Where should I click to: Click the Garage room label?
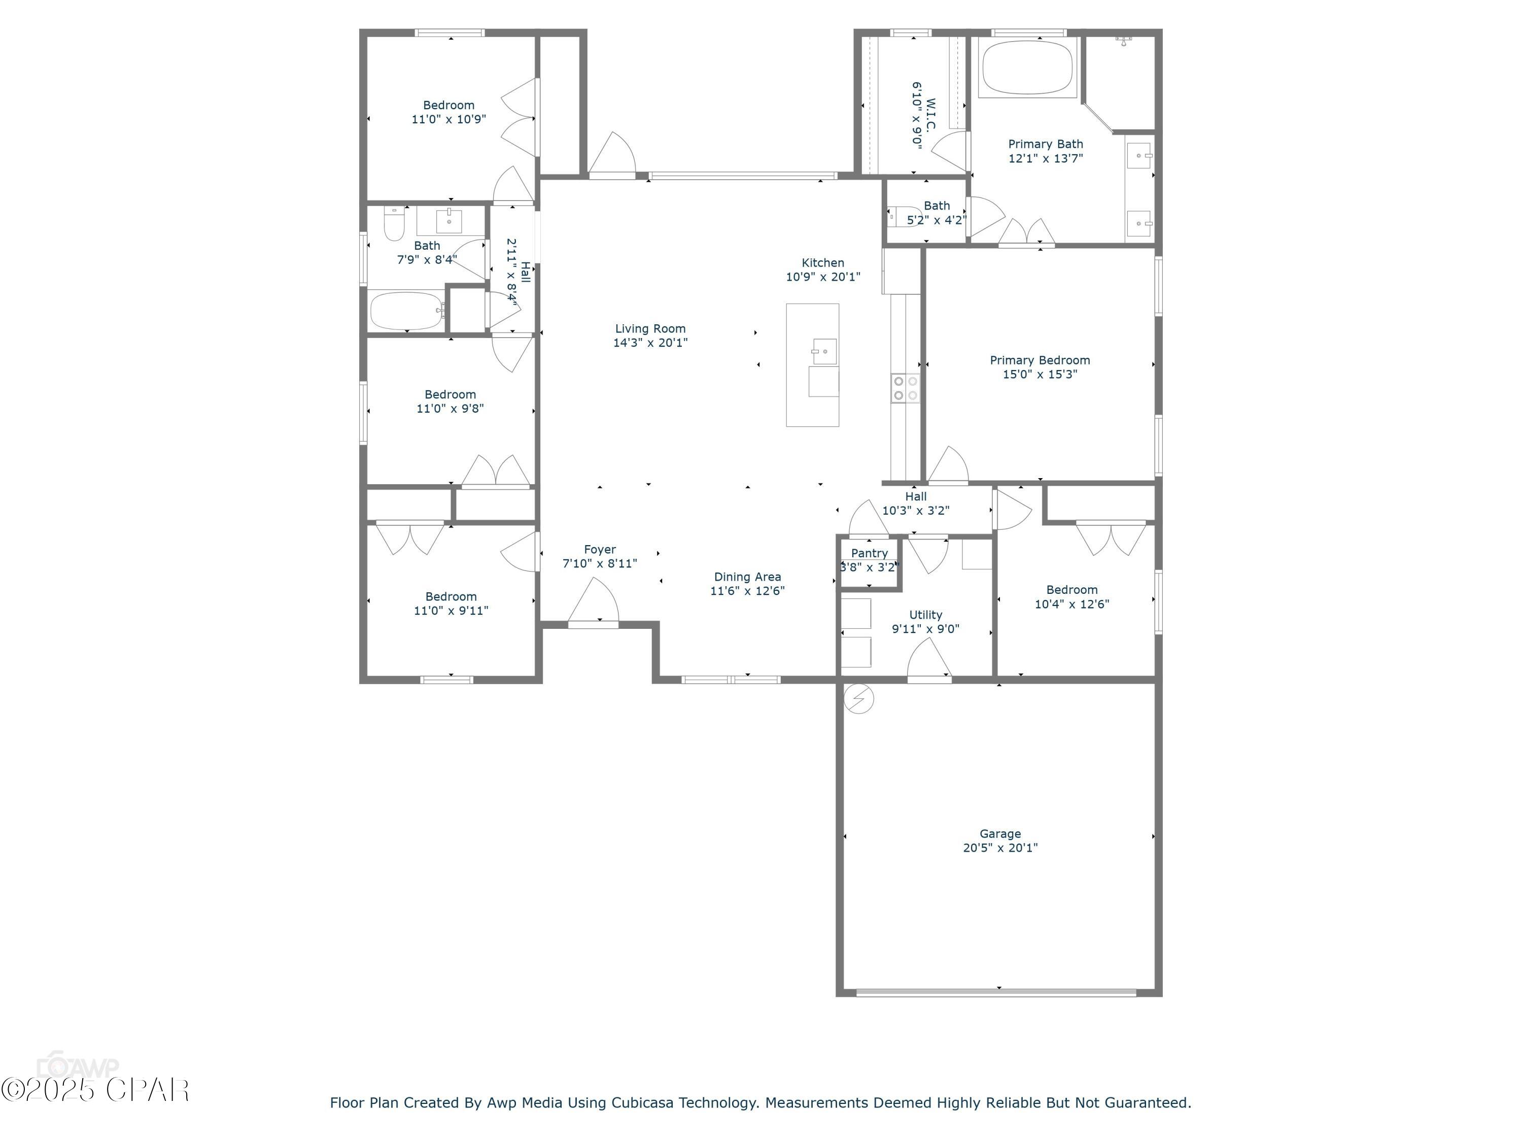(1000, 833)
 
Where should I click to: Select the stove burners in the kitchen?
(905, 388)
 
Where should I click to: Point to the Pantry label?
(869, 553)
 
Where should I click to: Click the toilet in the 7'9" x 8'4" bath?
(394, 224)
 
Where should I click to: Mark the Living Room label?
(650, 329)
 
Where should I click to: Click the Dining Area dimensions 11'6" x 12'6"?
(747, 591)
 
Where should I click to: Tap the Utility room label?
(925, 615)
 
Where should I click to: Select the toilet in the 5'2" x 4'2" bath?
(904, 216)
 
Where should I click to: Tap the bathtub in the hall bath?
(406, 311)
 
